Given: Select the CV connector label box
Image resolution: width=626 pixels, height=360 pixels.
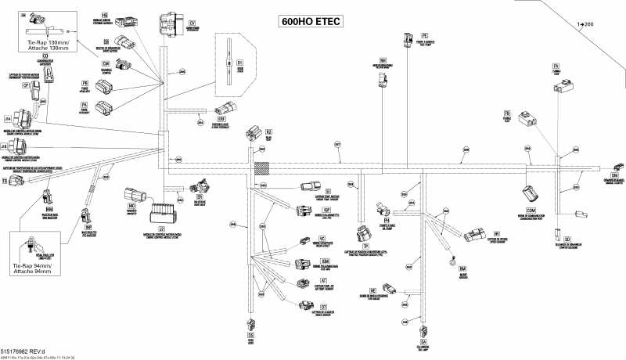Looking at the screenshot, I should coord(192,23).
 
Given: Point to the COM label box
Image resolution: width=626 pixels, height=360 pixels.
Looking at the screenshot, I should coord(532,211).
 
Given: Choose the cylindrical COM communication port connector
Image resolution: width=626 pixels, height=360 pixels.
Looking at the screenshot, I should coord(530,195).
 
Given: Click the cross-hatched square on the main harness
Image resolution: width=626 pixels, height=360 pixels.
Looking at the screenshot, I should coord(261,169).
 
